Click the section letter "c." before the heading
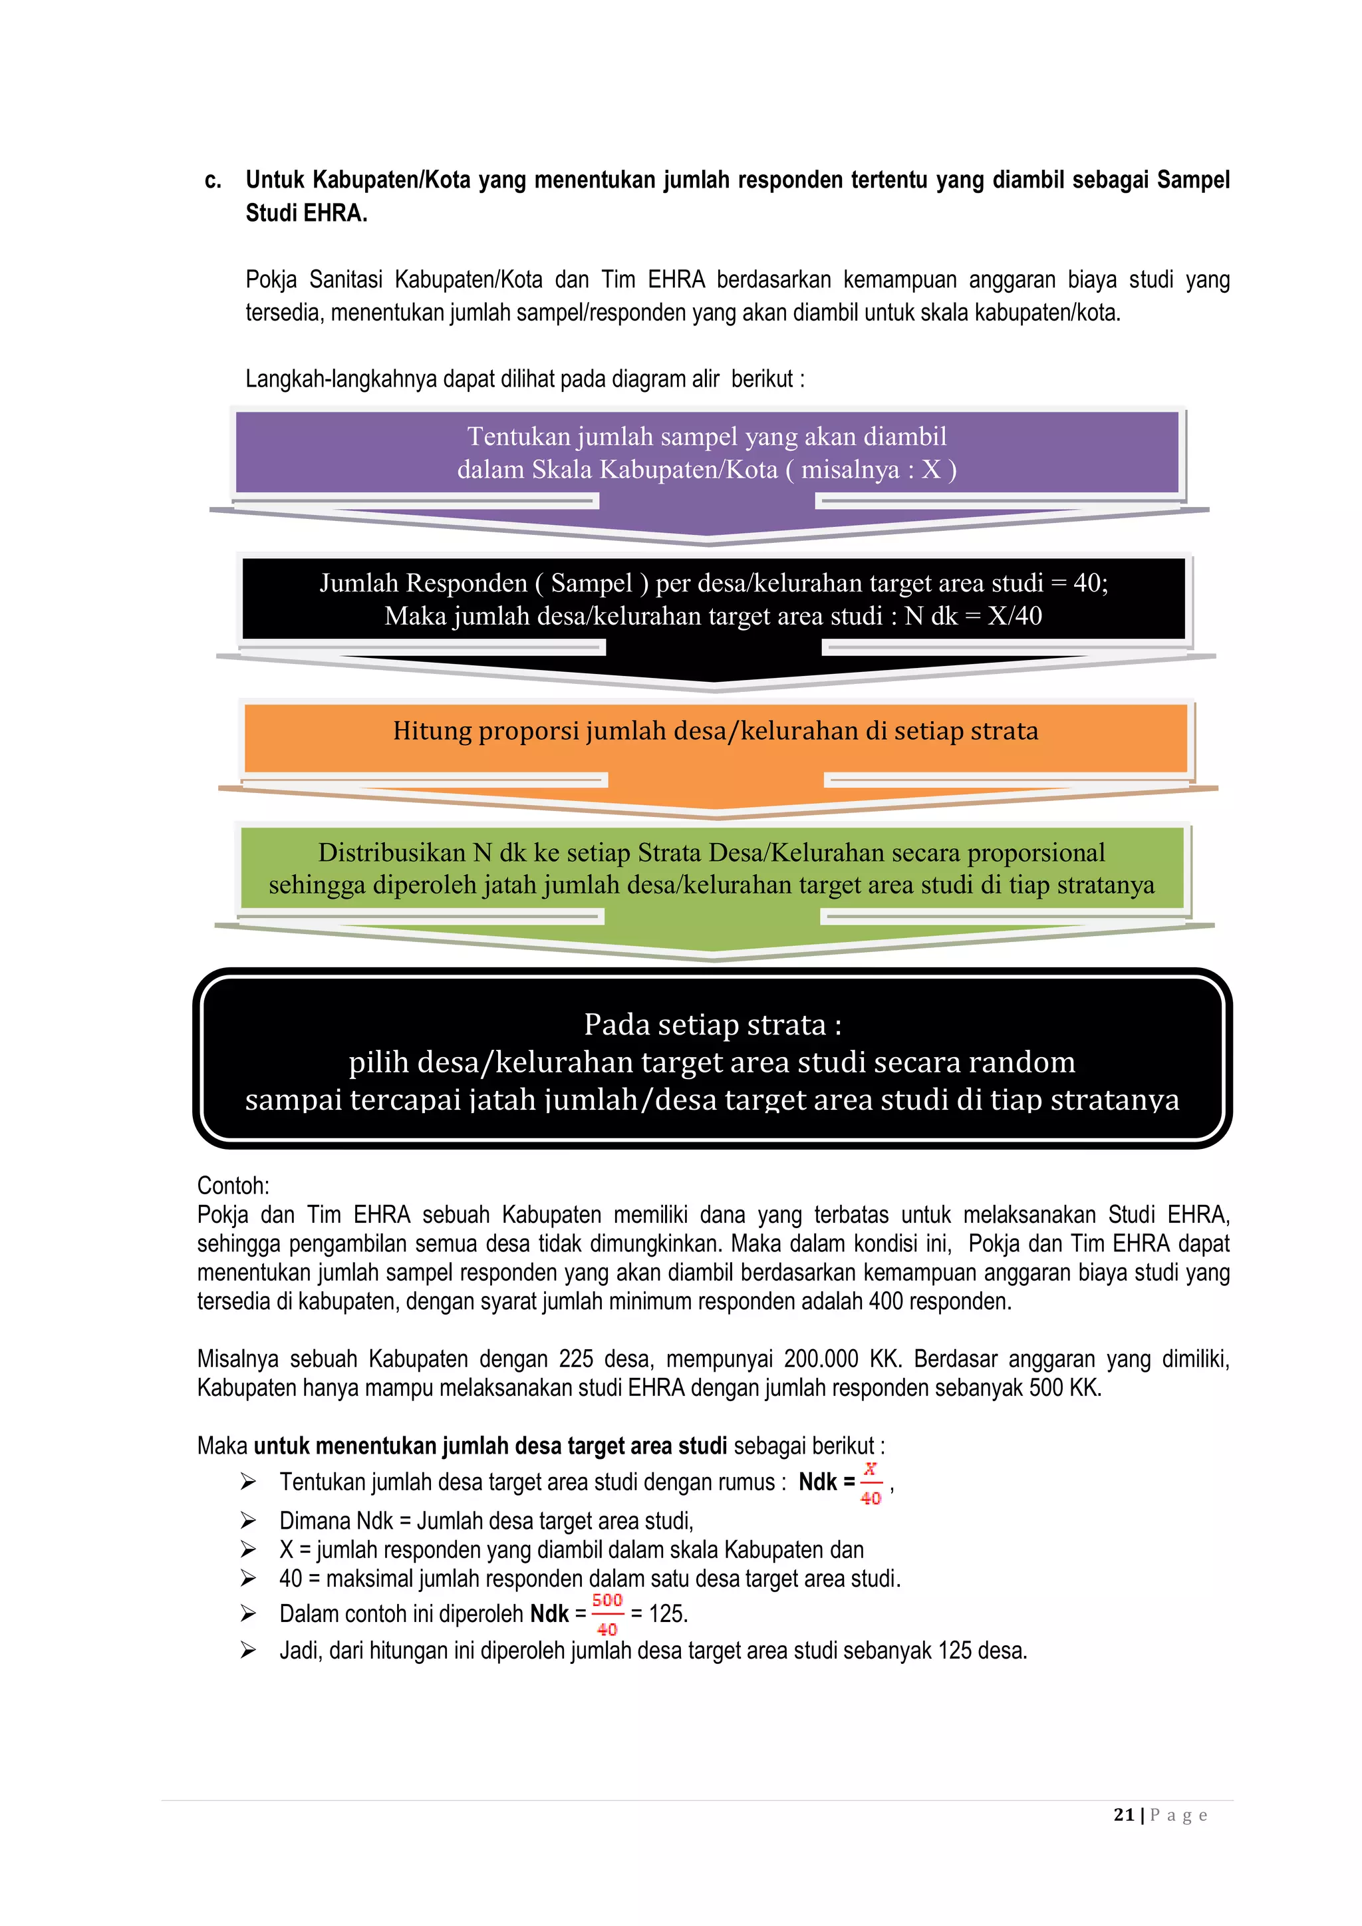pyautogui.click(x=213, y=180)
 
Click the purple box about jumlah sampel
pyautogui.click(x=706, y=453)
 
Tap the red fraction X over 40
pyautogui.click(x=871, y=1483)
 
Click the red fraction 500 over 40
pyautogui.click(x=607, y=1614)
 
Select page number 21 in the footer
pyautogui.click(x=1124, y=1814)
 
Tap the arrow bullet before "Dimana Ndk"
pyautogui.click(x=248, y=1520)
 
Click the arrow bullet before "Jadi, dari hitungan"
pyautogui.click(x=248, y=1650)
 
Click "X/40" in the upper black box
pyautogui.click(x=1015, y=615)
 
